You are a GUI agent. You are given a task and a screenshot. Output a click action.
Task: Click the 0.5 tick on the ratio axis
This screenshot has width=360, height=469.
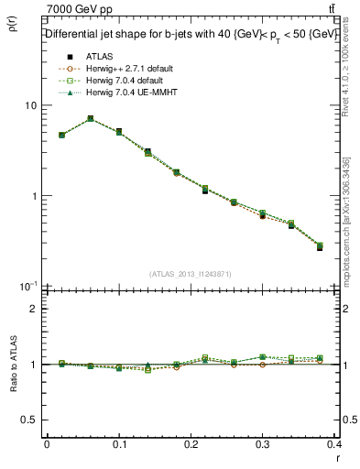[27, 420]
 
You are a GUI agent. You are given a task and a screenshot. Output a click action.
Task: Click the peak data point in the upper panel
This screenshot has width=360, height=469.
[90, 118]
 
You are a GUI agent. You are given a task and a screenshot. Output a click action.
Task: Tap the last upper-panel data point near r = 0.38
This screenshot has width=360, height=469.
[319, 246]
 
